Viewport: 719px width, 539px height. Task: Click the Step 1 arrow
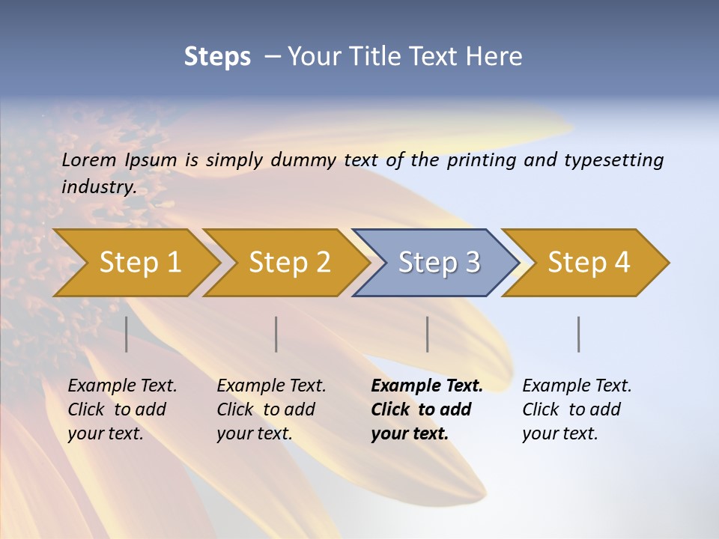point(140,263)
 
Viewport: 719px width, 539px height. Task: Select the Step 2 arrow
point(289,263)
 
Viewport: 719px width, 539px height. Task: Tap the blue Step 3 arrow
point(439,263)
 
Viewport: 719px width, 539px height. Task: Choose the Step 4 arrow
point(589,263)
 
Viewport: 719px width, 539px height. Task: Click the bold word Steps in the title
point(217,56)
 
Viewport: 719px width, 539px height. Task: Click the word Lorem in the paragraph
point(88,159)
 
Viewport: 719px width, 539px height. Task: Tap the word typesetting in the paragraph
point(616,159)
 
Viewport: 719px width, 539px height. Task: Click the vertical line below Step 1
point(127,334)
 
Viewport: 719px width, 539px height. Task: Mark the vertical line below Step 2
point(276,334)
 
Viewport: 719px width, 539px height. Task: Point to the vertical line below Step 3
point(427,334)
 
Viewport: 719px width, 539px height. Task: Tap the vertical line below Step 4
point(578,334)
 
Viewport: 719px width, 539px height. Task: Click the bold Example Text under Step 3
point(427,386)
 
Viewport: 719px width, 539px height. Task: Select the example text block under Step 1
point(122,409)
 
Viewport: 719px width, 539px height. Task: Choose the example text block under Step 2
point(271,409)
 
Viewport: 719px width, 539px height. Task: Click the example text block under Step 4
point(577,409)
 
